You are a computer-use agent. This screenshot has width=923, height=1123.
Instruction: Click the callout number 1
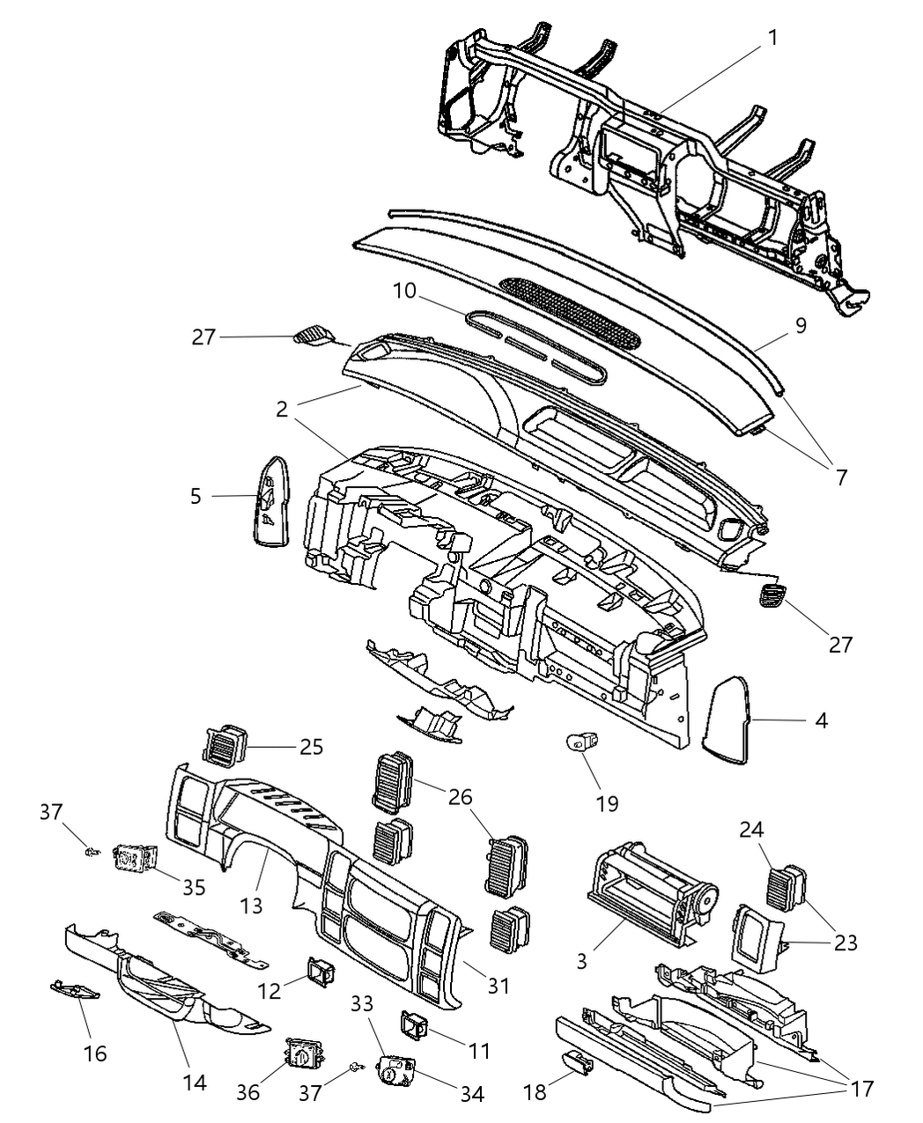[x=772, y=38]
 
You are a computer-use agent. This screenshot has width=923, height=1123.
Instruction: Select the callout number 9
[x=800, y=324]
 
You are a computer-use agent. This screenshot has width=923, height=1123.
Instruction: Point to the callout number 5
[x=195, y=496]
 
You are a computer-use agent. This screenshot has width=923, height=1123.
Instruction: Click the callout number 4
[x=821, y=720]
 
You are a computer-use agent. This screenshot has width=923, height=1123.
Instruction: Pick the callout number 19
[x=606, y=802]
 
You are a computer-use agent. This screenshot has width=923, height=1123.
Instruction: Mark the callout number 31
[x=498, y=986]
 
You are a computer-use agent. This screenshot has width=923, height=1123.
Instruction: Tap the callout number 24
[x=751, y=830]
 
